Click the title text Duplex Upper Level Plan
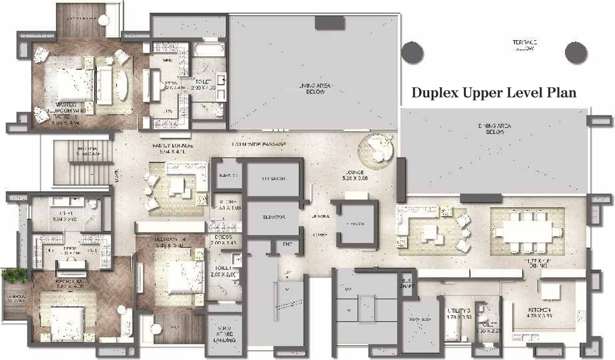tap(493, 92)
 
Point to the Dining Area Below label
tap(494, 129)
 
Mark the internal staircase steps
tap(82, 164)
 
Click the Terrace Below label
tap(524, 45)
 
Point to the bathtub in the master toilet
tap(209, 49)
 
